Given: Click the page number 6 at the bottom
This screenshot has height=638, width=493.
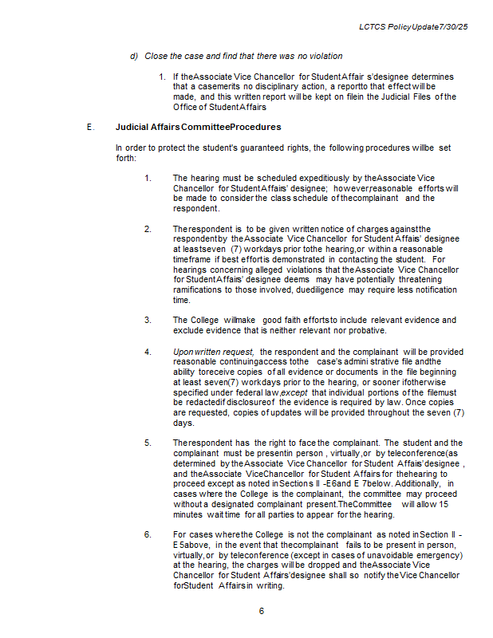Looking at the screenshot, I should point(261,611).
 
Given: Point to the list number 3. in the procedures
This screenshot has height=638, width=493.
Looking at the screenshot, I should point(148,321).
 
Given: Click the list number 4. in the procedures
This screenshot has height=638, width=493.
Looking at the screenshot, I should point(148,352).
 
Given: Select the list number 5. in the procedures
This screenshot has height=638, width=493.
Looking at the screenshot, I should point(148,443).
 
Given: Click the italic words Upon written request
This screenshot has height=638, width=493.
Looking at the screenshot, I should point(213,352).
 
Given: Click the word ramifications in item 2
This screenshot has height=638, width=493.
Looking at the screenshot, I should point(199,290).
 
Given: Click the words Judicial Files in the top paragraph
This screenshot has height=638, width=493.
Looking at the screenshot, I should point(403,96).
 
